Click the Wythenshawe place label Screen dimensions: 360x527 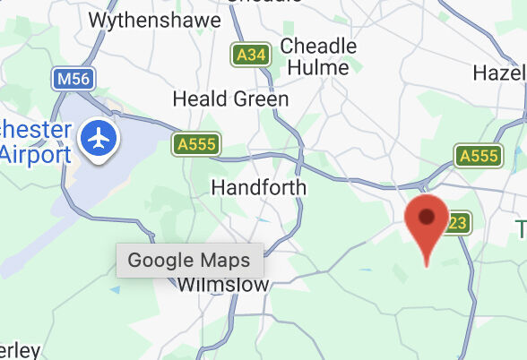click(x=154, y=19)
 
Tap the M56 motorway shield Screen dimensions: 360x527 click(x=73, y=80)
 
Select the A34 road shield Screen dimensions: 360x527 click(x=250, y=56)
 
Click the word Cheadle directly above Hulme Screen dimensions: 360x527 click(x=318, y=46)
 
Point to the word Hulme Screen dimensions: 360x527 click(x=317, y=67)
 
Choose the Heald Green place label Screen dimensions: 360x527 click(x=230, y=99)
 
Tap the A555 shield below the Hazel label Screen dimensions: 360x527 click(x=477, y=156)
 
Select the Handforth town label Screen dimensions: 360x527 click(x=258, y=187)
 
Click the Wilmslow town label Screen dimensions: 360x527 click(x=223, y=285)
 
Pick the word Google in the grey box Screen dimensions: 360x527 click(x=160, y=261)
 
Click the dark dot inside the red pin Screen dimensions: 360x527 click(x=427, y=216)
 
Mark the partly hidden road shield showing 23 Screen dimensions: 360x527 click(x=459, y=223)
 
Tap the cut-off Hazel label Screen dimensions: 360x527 click(x=498, y=73)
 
